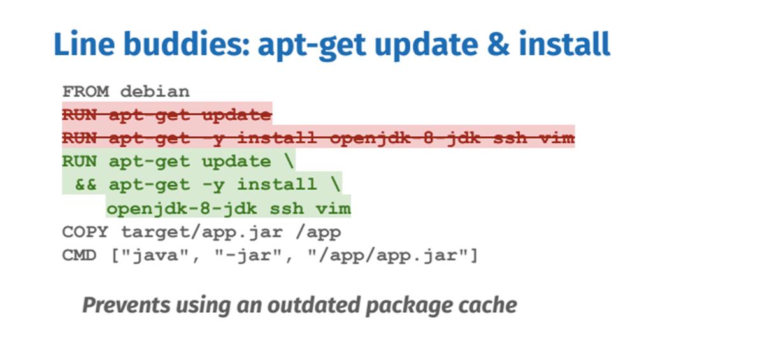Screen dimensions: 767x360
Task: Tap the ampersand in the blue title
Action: (498, 44)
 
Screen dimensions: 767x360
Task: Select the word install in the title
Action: (564, 43)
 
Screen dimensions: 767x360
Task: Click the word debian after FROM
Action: (155, 92)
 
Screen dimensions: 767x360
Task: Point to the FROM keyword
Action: (85, 92)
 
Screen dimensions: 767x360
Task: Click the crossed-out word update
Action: (236, 116)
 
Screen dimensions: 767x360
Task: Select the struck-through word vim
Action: (557, 138)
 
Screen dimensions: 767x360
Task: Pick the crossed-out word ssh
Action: (510, 138)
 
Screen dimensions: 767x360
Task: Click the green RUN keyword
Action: (80, 162)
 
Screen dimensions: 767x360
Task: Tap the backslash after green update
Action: (289, 162)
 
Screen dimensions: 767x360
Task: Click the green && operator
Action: (85, 185)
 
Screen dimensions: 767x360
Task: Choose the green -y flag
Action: (213, 185)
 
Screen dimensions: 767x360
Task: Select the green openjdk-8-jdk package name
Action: (182, 209)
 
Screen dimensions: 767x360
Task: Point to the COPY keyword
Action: (85, 232)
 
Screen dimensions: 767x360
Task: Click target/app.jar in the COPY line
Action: (203, 232)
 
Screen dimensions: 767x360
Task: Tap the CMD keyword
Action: (80, 256)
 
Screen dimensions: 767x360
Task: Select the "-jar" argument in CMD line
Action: (248, 256)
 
